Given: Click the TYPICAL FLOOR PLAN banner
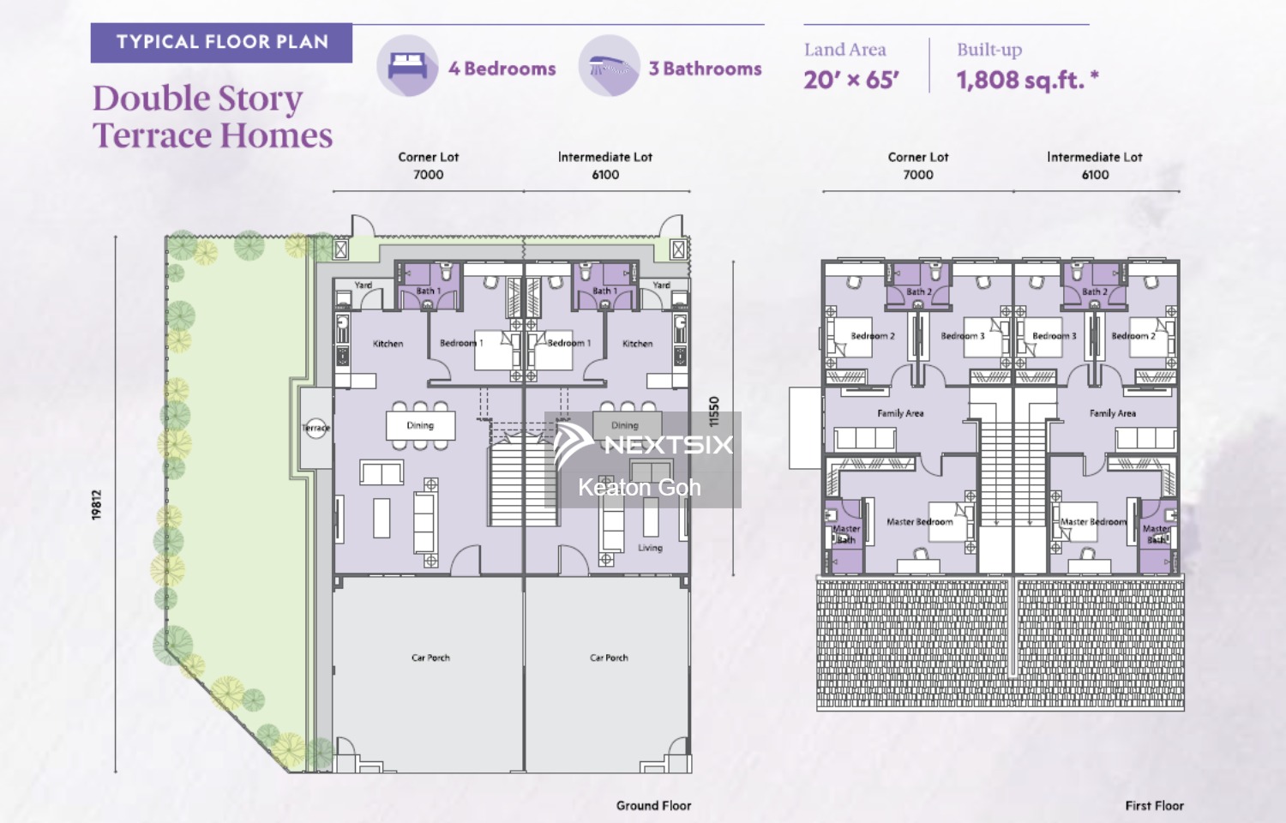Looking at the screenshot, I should pos(221,42).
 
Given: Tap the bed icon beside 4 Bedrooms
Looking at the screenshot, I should pos(407,66).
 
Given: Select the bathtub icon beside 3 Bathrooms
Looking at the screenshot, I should pos(609,66).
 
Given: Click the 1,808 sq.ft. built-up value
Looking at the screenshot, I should pos(1026,81).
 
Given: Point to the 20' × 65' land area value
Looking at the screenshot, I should pos(850,81).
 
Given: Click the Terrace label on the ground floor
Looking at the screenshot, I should pos(315,428).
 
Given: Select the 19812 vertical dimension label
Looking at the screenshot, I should pos(97,505).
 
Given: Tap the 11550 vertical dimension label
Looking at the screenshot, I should pos(714,412).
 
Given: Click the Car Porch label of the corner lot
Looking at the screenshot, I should pos(430,658).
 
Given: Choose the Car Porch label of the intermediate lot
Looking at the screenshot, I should pos(609,658).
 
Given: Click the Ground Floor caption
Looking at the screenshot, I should pos(653,806).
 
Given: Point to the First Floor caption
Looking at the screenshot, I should pos(1154,806).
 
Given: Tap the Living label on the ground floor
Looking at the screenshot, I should pos(650,548).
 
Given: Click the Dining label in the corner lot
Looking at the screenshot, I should pos(420,425).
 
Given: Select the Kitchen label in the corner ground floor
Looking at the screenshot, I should pos(388,344).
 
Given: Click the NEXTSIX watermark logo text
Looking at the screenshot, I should pos(668,444).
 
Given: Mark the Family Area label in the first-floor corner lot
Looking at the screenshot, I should pos(900,413).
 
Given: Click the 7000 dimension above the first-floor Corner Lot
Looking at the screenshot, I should pos(917,175).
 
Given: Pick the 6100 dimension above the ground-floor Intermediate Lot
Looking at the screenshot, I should pos(605,175).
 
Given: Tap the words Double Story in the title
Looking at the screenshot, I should pos(197,99).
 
